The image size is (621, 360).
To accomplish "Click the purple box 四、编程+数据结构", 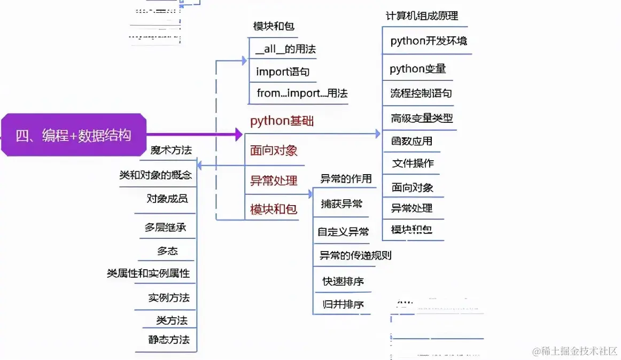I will [73, 135].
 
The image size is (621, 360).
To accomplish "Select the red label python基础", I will [282, 121].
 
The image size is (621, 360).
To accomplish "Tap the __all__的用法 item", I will [285, 49].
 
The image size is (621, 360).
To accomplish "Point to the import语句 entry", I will [283, 72].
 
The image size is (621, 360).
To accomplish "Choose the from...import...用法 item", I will [302, 93].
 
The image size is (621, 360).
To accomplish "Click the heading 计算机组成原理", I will [422, 16].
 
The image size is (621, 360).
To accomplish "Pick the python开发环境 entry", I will [429, 41].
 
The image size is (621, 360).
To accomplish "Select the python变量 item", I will [417, 69].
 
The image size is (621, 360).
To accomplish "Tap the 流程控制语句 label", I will [421, 93].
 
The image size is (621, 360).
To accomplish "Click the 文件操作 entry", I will [413, 163].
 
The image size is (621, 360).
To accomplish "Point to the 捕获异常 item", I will [341, 204].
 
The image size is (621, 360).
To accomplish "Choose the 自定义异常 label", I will [343, 232].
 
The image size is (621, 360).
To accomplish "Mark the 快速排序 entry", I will [343, 281].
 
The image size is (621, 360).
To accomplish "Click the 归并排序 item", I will [343, 304].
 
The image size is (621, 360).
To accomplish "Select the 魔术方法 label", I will [171, 150].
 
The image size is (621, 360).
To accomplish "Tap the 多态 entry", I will [167, 251].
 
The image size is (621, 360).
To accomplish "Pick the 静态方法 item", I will [169, 340].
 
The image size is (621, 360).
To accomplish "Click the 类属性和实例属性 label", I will [149, 273].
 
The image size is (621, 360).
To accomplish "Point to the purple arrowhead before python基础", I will [239, 135].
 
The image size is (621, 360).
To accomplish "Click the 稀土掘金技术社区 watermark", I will [575, 351].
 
